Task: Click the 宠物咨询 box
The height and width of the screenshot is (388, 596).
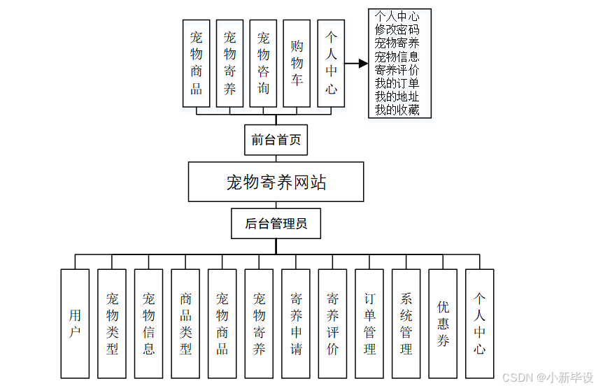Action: pyautogui.click(x=263, y=63)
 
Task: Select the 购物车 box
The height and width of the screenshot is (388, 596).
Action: pyautogui.click(x=297, y=63)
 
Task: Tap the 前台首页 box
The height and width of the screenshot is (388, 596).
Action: pyautogui.click(x=276, y=140)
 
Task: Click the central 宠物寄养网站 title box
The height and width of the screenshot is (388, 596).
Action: pyautogui.click(x=276, y=182)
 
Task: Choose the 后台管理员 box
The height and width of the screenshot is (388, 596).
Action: pyautogui.click(x=276, y=224)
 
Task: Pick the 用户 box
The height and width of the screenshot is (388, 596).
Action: pyautogui.click(x=75, y=324)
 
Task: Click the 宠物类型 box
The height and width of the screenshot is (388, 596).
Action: pyautogui.click(x=112, y=324)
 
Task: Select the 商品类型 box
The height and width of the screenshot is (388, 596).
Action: pyautogui.click(x=185, y=324)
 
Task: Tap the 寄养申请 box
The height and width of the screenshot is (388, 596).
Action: pyautogui.click(x=296, y=324)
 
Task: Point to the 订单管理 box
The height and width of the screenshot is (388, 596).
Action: pyautogui.click(x=369, y=324)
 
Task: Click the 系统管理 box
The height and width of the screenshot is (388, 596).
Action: pyautogui.click(x=406, y=324)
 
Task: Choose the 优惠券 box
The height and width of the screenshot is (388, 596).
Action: pyautogui.click(x=443, y=324)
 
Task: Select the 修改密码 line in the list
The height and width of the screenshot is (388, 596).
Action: pyautogui.click(x=397, y=30)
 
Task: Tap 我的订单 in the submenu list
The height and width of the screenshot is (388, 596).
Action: pyautogui.click(x=397, y=83)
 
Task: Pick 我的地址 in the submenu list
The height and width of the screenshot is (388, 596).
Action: pyautogui.click(x=397, y=96)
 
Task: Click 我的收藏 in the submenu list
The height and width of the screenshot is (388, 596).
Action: pyautogui.click(x=397, y=110)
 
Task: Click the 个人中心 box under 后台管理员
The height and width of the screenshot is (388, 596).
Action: pyautogui.click(x=479, y=324)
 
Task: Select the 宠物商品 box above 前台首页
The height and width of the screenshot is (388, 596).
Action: pyautogui.click(x=197, y=63)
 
